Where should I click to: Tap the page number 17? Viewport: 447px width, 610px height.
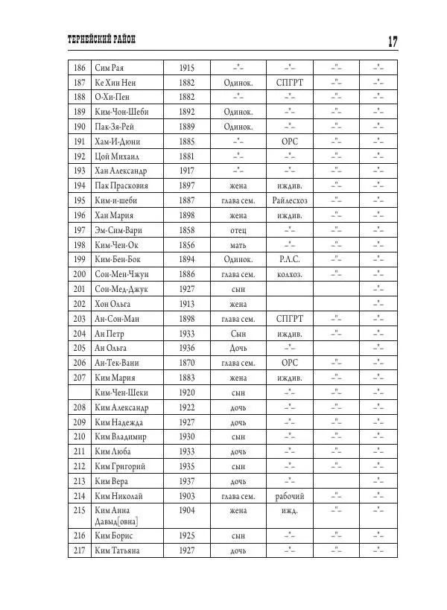pos(391,40)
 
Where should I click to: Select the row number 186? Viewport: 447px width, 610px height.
pos(78,68)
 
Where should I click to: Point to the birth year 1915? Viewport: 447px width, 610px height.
pos(187,68)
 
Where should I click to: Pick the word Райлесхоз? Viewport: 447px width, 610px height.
pos(290,200)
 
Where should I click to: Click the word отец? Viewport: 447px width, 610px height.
pos(238,230)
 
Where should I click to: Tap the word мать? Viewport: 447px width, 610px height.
pos(238,244)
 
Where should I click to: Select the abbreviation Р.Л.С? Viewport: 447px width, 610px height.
pos(290,259)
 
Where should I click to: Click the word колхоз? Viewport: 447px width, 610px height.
pos(290,274)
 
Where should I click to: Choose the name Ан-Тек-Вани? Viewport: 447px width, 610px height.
pos(118,363)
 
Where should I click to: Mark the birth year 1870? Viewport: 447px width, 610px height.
pos(187,363)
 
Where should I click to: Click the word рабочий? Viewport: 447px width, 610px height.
pos(290,495)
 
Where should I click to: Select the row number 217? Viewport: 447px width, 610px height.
pos(78,550)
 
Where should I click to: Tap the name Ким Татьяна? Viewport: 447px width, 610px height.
pos(118,550)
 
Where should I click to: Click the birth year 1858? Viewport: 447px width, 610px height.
pos(187,230)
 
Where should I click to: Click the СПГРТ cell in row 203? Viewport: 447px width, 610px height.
pos(290,319)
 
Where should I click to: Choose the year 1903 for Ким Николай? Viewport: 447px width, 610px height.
pos(187,495)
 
